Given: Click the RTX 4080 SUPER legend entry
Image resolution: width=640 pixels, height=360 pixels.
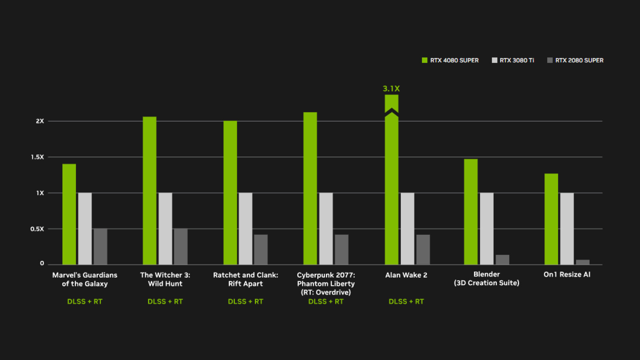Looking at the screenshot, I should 450,60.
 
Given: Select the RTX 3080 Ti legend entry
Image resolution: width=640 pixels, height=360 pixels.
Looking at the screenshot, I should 513,60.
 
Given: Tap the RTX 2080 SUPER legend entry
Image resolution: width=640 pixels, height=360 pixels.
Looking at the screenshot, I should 575,60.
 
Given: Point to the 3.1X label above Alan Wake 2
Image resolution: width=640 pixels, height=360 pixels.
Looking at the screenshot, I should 391,89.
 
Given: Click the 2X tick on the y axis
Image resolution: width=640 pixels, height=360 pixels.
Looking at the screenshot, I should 40,121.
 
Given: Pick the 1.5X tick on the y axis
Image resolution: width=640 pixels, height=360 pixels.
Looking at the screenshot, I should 38,157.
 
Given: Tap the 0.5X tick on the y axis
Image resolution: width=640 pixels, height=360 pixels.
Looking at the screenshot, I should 37,229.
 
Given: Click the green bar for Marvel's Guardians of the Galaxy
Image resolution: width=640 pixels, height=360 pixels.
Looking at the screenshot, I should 69,214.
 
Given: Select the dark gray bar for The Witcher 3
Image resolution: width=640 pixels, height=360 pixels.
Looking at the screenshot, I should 181,246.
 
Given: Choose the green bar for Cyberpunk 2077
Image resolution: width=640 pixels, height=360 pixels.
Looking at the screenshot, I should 310,188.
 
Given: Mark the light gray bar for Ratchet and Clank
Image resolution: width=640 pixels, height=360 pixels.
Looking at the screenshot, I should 246,228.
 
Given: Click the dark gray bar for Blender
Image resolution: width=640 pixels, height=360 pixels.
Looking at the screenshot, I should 502,260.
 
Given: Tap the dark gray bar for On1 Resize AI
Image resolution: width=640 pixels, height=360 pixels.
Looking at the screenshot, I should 583,262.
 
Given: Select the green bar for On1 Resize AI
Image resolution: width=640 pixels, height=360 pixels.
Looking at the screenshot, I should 551,219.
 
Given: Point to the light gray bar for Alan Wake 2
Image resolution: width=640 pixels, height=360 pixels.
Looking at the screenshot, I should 408,228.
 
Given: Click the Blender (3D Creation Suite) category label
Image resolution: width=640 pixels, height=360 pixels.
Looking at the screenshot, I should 486,278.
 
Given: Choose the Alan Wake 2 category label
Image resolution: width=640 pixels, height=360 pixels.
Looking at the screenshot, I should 406,275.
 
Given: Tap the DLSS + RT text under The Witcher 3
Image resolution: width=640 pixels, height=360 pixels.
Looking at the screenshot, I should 165,302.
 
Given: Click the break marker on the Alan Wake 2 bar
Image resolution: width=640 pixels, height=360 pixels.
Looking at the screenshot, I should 392,113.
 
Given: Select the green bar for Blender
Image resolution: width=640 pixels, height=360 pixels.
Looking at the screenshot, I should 471,212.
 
